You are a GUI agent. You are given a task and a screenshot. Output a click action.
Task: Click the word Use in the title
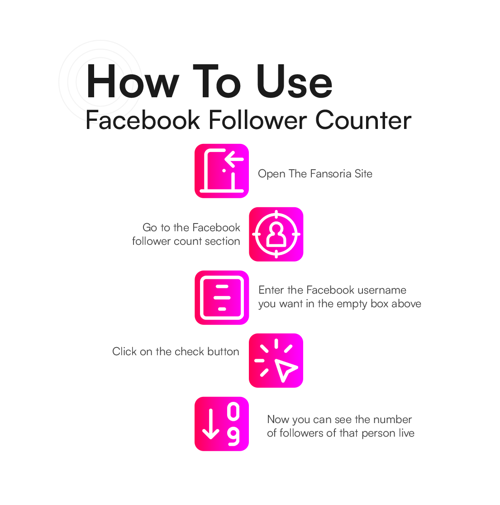(x=294, y=82)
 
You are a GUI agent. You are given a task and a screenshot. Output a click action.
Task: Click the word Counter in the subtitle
(x=363, y=120)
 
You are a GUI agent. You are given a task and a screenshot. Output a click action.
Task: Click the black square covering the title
(x=101, y=82)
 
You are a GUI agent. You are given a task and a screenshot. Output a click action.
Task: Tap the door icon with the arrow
(x=222, y=171)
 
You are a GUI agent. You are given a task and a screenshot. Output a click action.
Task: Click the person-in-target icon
(x=276, y=234)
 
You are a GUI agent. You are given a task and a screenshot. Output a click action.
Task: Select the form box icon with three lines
(x=222, y=298)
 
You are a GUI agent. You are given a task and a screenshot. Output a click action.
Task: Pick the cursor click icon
(x=276, y=361)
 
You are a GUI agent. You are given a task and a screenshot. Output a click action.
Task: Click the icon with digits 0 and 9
(x=222, y=424)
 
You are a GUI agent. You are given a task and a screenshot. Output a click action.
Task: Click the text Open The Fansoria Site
(x=315, y=174)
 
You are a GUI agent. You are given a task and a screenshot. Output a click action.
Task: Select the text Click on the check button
(x=176, y=352)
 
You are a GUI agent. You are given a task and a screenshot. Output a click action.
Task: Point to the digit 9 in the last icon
(x=233, y=437)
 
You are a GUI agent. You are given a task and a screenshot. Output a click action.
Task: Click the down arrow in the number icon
(x=210, y=424)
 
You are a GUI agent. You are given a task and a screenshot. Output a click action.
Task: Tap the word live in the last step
(x=406, y=433)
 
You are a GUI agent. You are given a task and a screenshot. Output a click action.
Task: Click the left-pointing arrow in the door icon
(x=234, y=159)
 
